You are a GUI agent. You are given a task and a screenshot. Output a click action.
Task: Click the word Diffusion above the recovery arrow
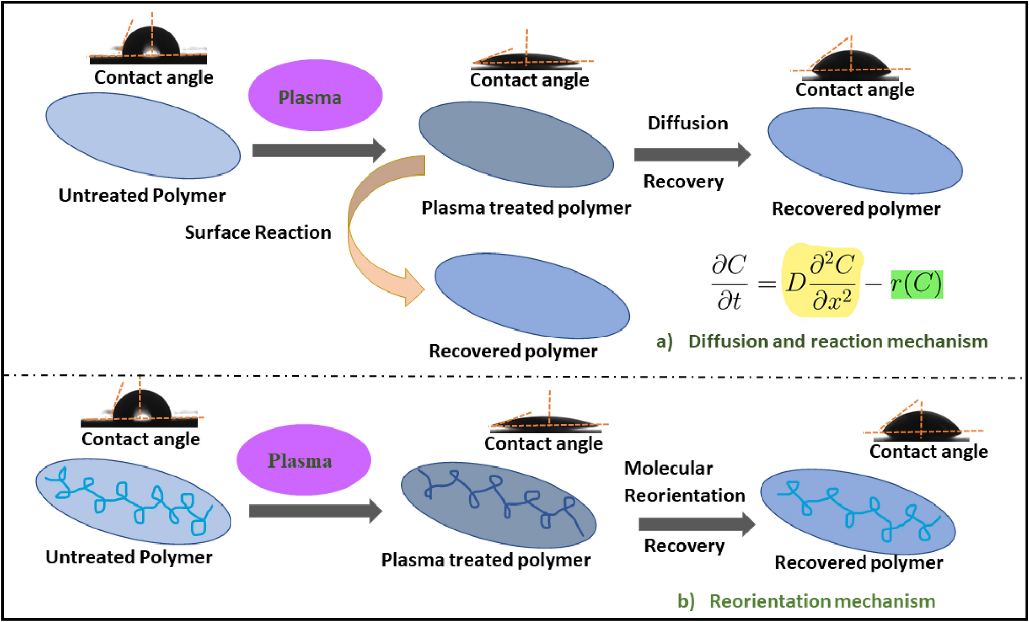688,123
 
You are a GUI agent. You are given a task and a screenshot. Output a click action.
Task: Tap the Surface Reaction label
257,232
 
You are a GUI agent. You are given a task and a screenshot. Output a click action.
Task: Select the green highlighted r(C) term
917,284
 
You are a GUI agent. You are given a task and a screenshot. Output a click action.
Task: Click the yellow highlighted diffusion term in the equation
822,281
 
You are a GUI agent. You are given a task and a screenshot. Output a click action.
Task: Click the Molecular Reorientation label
684,482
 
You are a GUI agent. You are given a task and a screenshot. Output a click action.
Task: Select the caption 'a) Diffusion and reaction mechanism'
822,341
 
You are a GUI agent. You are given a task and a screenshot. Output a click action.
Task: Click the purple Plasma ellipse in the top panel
315,95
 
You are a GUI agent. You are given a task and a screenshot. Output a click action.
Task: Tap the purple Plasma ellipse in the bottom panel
304,460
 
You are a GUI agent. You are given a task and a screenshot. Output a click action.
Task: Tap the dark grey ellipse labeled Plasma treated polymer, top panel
516,145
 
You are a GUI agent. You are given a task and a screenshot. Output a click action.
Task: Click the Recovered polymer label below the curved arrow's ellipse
513,351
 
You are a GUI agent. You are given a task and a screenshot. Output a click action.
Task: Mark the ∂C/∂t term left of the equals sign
729,282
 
